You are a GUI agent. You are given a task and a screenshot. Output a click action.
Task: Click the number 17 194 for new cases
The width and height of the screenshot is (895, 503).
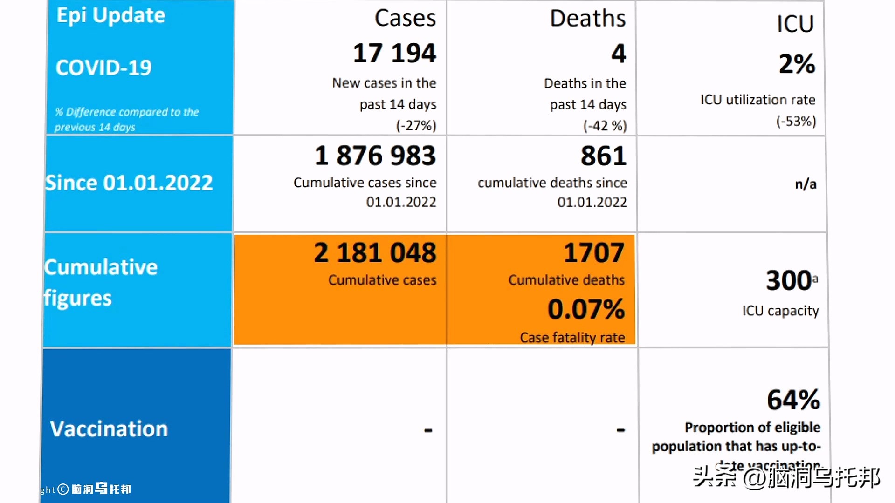point(394,53)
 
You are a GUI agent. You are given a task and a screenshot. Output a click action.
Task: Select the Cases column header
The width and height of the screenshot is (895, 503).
point(405,19)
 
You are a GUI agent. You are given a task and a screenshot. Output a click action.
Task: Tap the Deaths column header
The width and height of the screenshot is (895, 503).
point(587,19)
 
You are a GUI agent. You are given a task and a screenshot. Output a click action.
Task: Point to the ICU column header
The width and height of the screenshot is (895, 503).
point(795,24)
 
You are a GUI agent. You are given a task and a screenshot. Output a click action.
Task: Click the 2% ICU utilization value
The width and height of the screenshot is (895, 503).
point(797,64)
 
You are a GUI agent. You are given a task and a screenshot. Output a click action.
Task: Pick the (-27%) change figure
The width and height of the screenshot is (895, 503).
point(416,126)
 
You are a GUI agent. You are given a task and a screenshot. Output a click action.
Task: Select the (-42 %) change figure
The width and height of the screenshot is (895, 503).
point(605,126)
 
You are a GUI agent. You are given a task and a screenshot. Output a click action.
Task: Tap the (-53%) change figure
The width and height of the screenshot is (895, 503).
point(796,122)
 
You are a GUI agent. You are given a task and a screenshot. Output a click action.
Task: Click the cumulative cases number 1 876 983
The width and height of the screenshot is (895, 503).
point(375,156)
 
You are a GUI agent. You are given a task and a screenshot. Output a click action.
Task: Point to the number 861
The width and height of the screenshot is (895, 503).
point(603,156)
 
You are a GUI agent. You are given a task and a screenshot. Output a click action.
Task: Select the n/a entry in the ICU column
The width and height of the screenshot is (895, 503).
point(805,184)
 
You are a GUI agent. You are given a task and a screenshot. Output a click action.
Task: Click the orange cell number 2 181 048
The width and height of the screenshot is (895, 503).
point(375,253)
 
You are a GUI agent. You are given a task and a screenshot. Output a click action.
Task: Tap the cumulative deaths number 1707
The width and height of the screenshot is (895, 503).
point(593,253)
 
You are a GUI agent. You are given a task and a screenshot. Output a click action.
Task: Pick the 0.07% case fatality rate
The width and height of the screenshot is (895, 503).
point(586,309)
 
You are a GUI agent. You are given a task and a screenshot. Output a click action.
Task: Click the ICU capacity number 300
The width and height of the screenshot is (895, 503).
point(789,280)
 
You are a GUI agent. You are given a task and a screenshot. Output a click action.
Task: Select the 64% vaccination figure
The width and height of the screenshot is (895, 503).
point(793,400)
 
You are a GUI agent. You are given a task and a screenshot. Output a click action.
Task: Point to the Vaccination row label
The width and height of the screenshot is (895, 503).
point(109,429)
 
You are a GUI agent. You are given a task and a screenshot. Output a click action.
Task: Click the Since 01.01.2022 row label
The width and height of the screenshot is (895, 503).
point(129,183)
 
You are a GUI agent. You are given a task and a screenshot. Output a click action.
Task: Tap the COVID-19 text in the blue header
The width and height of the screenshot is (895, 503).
point(103,68)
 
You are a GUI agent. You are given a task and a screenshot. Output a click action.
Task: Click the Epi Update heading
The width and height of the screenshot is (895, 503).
point(111,15)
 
